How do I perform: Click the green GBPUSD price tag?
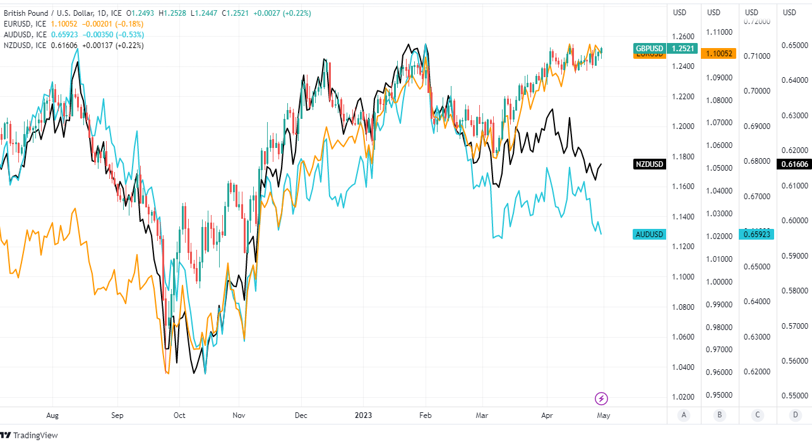(650, 49)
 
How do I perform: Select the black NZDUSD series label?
(650, 164)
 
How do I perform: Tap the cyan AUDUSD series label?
(650, 235)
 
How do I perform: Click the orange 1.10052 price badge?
(719, 54)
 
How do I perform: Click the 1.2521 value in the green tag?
(683, 49)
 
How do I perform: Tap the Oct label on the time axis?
(179, 416)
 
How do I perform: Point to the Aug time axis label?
(53, 416)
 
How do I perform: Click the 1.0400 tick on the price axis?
(684, 367)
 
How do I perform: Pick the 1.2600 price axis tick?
(684, 37)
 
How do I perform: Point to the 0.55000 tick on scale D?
(794, 396)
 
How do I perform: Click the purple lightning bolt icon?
(602, 398)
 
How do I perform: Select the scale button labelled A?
(683, 416)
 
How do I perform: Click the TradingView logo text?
(35, 435)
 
